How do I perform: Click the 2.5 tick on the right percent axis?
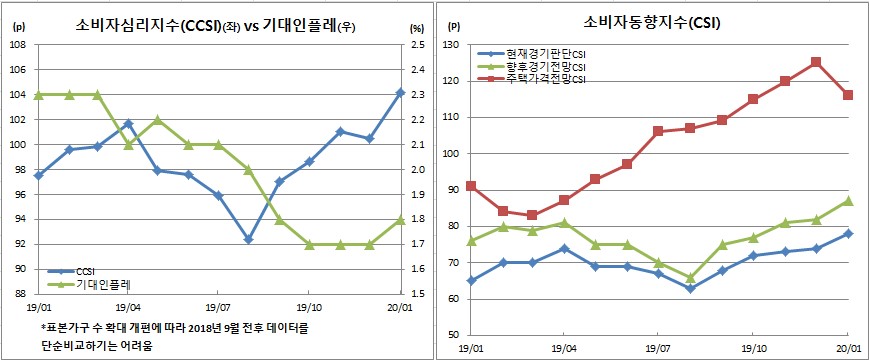click(418, 45)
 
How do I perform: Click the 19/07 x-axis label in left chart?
click(218, 309)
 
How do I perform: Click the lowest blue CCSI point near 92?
click(248, 239)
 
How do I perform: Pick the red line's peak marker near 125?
click(816, 62)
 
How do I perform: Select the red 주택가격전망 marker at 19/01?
click(471, 186)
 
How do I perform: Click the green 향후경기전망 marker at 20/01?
click(848, 200)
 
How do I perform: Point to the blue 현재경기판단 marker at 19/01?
click(471, 280)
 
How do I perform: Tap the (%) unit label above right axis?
click(417, 27)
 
